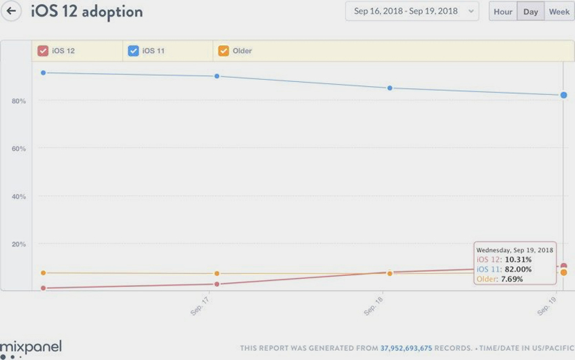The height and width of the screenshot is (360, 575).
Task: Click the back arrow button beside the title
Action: point(11,11)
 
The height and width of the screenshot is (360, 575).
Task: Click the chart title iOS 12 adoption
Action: point(87,12)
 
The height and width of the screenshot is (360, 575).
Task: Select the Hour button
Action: point(503,12)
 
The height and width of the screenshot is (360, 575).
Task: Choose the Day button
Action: point(530,12)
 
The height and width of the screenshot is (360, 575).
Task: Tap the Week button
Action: point(559,12)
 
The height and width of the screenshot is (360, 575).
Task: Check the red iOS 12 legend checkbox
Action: point(43,51)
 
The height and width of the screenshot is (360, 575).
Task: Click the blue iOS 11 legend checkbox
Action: point(134,51)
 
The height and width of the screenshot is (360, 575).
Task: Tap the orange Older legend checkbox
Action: point(223,51)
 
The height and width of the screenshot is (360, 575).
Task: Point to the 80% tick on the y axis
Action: point(19,101)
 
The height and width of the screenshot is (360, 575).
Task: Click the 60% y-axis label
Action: point(19,149)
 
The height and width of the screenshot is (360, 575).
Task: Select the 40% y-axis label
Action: point(19,197)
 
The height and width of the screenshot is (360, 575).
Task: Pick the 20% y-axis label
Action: point(19,244)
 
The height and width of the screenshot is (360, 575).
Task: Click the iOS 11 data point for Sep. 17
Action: point(217,76)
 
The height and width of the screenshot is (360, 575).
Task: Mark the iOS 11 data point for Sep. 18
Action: point(390,88)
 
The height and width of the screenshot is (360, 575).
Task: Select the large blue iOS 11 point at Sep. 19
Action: point(563,95)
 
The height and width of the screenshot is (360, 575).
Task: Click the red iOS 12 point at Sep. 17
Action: point(217,284)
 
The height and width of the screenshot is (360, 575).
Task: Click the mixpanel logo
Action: point(31,346)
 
